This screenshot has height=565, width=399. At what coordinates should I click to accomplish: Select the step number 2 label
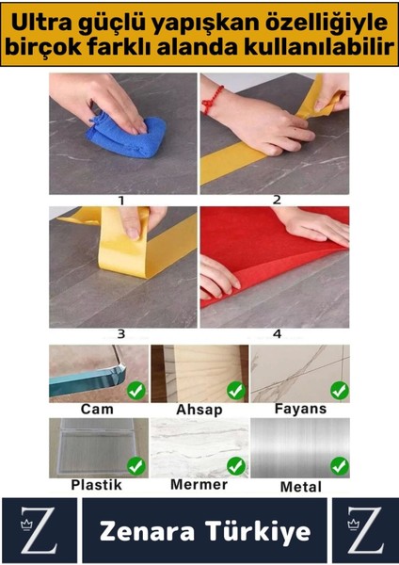click(x=277, y=200)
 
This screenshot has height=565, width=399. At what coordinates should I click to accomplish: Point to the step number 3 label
click(x=121, y=333)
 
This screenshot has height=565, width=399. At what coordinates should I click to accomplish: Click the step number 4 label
click(x=277, y=333)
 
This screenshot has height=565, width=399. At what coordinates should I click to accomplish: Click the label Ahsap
click(x=199, y=411)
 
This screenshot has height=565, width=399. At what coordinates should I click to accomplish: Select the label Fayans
click(x=299, y=410)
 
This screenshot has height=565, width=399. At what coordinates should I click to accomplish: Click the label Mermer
click(x=199, y=485)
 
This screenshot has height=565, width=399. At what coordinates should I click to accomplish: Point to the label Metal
click(x=300, y=487)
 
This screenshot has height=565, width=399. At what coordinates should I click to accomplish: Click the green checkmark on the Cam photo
click(x=136, y=389)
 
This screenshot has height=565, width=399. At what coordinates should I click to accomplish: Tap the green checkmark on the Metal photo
click(x=339, y=466)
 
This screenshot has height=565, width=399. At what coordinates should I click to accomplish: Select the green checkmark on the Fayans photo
click(x=339, y=389)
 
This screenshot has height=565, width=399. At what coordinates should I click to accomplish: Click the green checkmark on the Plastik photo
click(x=136, y=465)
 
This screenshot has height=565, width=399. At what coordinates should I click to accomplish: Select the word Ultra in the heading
click(x=44, y=19)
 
